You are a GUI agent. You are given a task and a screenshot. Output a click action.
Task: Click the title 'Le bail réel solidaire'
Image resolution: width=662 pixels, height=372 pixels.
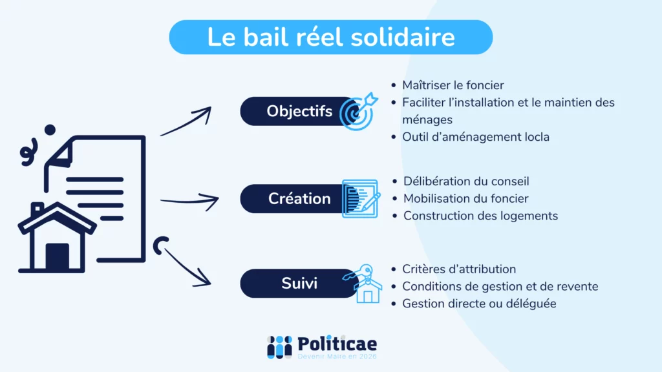point(330,37)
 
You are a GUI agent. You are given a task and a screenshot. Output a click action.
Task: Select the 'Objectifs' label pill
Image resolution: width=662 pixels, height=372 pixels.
point(299,111)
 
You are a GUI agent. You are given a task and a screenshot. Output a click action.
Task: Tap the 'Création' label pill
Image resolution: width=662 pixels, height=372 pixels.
point(299,198)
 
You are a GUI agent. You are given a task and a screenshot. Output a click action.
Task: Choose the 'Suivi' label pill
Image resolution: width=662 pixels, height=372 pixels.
point(299,283)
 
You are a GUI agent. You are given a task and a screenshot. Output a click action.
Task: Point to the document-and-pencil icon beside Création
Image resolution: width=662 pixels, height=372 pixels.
point(359,198)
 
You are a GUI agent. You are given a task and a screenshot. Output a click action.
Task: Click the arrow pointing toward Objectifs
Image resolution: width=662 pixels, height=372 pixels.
point(186,121)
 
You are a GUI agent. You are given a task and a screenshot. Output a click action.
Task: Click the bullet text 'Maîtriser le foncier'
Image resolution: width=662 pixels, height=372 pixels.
point(453,85)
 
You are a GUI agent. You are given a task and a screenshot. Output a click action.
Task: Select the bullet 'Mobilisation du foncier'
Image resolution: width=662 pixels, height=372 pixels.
point(465,199)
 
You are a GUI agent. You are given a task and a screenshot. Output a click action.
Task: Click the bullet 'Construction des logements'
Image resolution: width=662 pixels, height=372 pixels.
point(480,216)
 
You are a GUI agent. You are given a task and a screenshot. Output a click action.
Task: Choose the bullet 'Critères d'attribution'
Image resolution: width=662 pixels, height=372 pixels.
point(459,269)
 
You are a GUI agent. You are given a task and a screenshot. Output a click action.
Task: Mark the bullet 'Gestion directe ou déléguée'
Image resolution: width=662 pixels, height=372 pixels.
point(479,304)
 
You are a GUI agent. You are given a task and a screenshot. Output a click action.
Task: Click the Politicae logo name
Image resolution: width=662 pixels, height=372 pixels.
point(337,344)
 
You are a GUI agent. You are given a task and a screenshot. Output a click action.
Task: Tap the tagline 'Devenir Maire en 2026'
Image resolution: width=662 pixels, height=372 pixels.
point(337,356)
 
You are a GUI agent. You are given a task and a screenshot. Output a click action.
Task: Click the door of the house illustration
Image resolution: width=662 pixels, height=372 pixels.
point(57,256)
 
